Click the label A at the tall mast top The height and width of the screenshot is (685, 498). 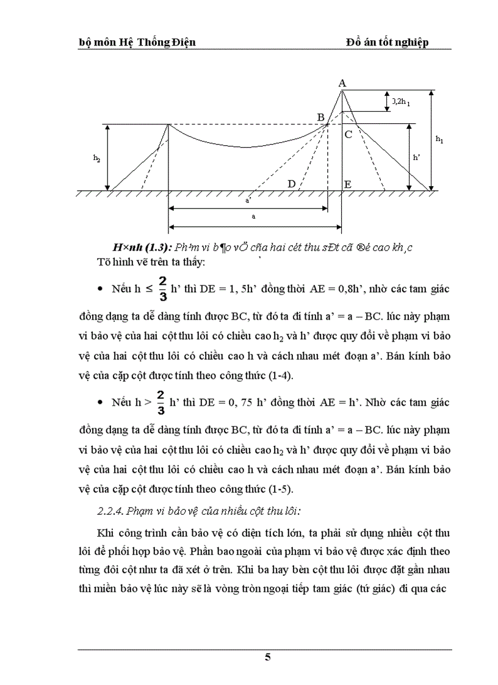(342, 83)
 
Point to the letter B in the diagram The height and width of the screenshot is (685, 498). (320, 117)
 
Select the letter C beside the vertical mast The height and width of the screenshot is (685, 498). (348, 135)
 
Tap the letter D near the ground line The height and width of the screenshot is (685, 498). (292, 184)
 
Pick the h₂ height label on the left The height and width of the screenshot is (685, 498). (96, 157)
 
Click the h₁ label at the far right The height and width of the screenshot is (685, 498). (439, 140)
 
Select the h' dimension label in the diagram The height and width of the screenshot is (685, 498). (417, 157)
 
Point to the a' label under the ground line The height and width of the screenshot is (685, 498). (248, 199)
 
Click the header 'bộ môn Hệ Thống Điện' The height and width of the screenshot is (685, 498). (137, 42)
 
